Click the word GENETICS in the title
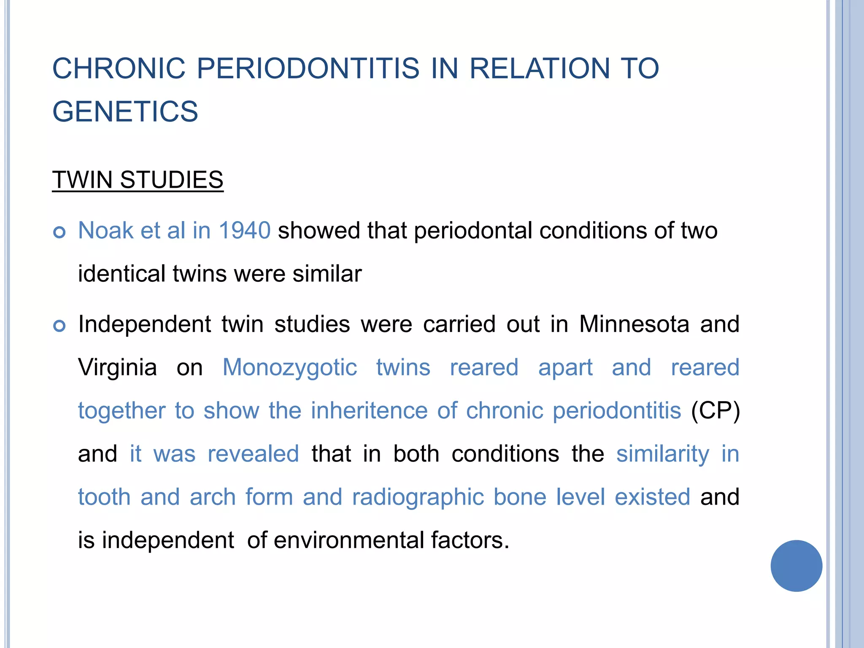[x=125, y=111]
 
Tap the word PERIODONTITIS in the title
[x=308, y=68]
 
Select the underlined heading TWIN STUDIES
[x=138, y=180]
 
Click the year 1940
[x=245, y=230]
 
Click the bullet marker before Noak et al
[x=60, y=232]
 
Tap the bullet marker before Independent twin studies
[x=60, y=326]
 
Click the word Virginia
[x=117, y=367]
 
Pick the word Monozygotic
[x=289, y=367]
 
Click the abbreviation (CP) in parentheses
[x=715, y=410]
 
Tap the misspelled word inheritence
[x=369, y=410]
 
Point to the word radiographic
[x=418, y=497]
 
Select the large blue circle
[x=796, y=566]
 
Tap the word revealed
[x=253, y=454]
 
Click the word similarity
[x=663, y=454]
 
